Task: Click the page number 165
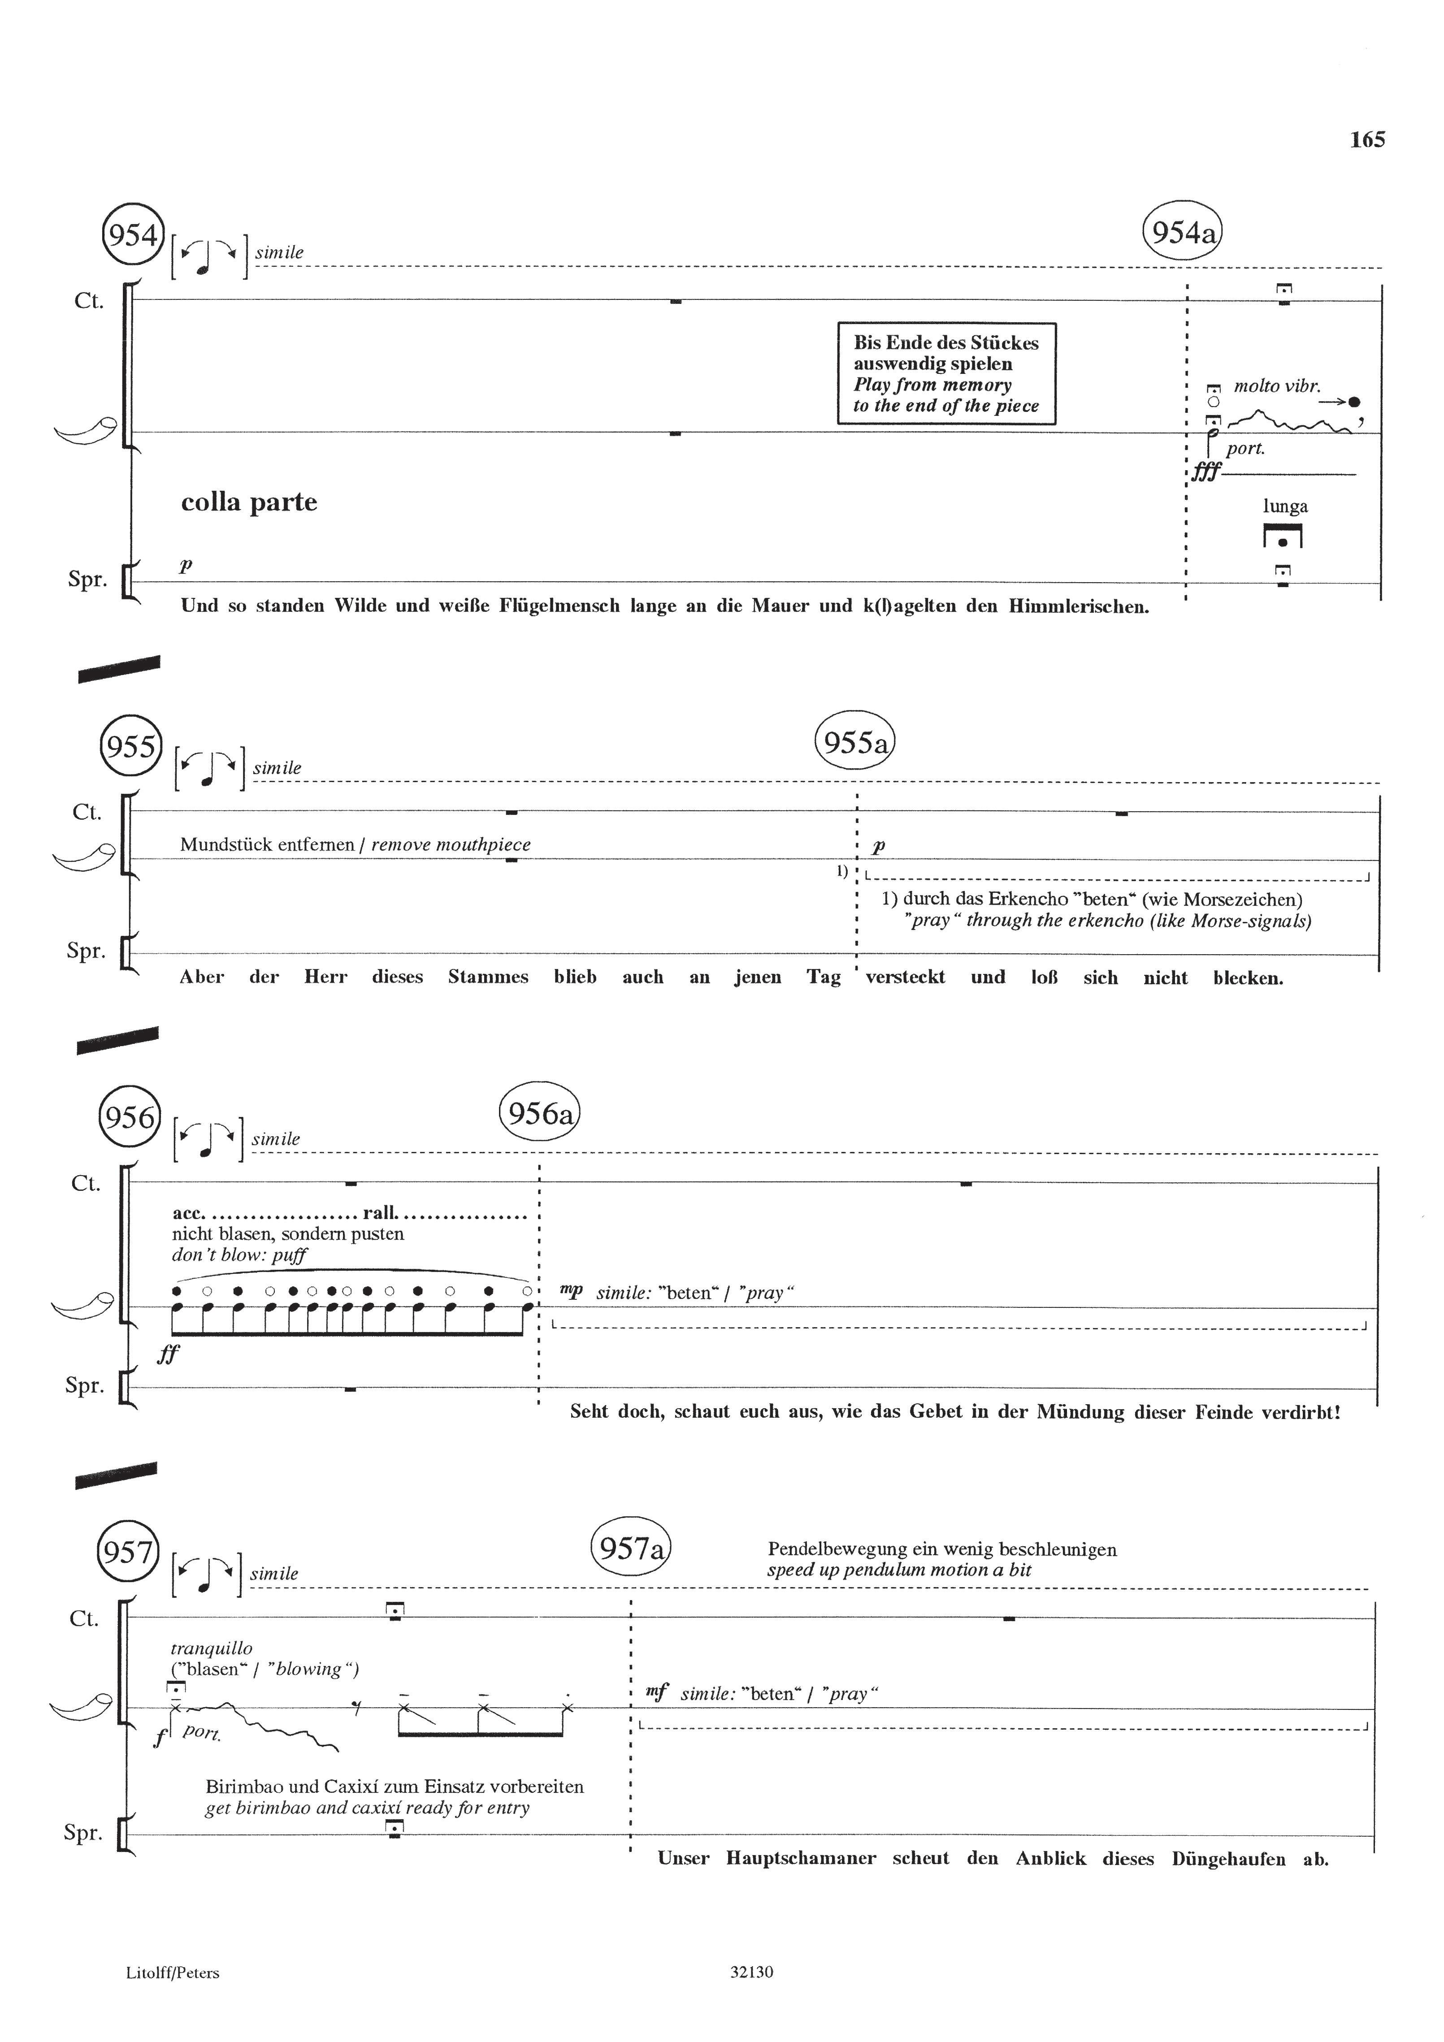point(1366,140)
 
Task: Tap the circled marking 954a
point(1183,233)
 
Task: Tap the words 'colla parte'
point(249,502)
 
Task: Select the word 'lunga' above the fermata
point(1285,507)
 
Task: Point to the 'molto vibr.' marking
point(1277,386)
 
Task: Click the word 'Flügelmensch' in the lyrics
point(557,606)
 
